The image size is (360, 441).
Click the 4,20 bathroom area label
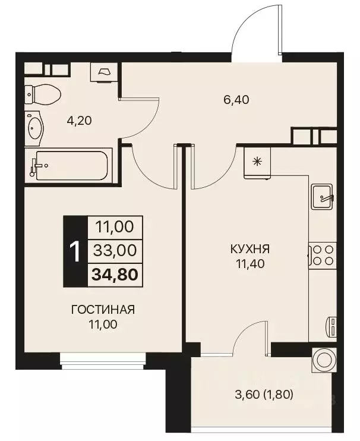pyautogui.click(x=79, y=120)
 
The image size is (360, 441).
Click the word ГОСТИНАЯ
pyautogui.click(x=103, y=310)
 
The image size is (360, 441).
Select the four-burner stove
pyautogui.click(x=322, y=255)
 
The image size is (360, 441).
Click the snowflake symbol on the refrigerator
pyautogui.click(x=257, y=160)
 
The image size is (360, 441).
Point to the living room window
pyautogui.click(x=103, y=357)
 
